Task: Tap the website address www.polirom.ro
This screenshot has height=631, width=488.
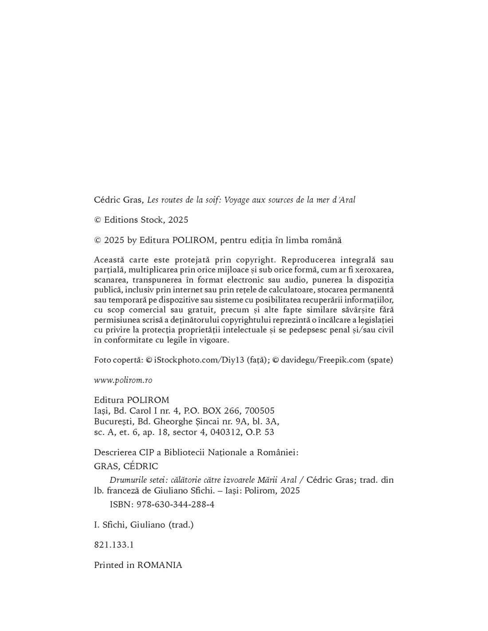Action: [x=123, y=380]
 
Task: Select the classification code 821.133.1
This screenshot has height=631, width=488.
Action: [x=114, y=545]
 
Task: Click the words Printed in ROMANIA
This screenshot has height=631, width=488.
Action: [x=138, y=565]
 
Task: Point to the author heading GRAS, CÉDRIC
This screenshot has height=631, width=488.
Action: [x=126, y=466]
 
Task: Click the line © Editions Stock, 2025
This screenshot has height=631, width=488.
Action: [x=141, y=220]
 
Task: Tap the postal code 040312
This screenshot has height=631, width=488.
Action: [x=220, y=432]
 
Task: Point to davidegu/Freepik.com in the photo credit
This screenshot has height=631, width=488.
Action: [x=323, y=360]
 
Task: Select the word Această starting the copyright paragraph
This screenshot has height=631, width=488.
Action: [x=110, y=260]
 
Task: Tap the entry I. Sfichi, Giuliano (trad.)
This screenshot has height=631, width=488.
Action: [x=144, y=525]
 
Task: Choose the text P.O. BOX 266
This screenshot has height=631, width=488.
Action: [x=209, y=411]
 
